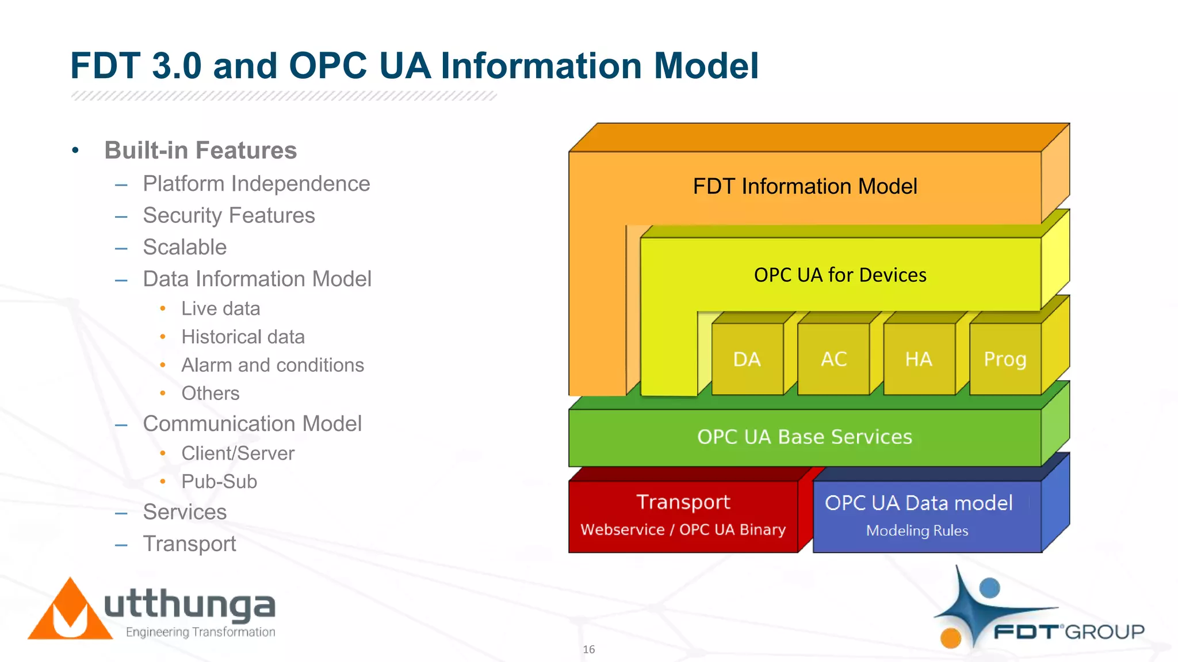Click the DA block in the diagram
(747, 359)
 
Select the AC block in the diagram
(833, 359)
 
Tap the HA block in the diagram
(919, 359)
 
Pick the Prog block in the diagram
(1005, 359)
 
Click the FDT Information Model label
(805, 186)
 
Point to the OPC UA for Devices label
(840, 275)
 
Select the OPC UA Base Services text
(804, 437)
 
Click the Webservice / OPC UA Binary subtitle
(683, 529)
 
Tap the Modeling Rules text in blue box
(917, 530)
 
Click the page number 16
(588, 649)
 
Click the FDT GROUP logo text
(1069, 632)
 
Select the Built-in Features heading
(200, 151)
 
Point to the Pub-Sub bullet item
(219, 482)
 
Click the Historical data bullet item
(243, 337)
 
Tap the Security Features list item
(229, 215)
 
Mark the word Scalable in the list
(185, 247)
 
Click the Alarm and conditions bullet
(273, 365)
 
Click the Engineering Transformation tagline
(200, 632)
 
